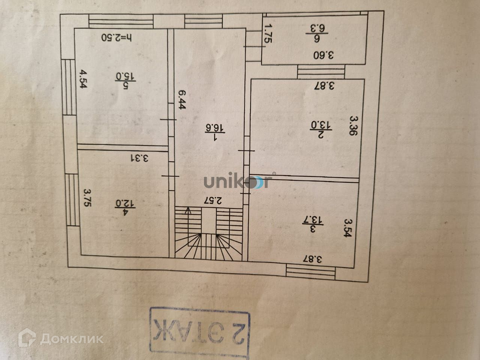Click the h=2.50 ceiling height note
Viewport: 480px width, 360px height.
pyautogui.click(x=117, y=37)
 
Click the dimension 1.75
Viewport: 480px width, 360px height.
pyautogui.click(x=268, y=34)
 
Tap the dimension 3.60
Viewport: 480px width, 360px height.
pyautogui.click(x=324, y=55)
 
